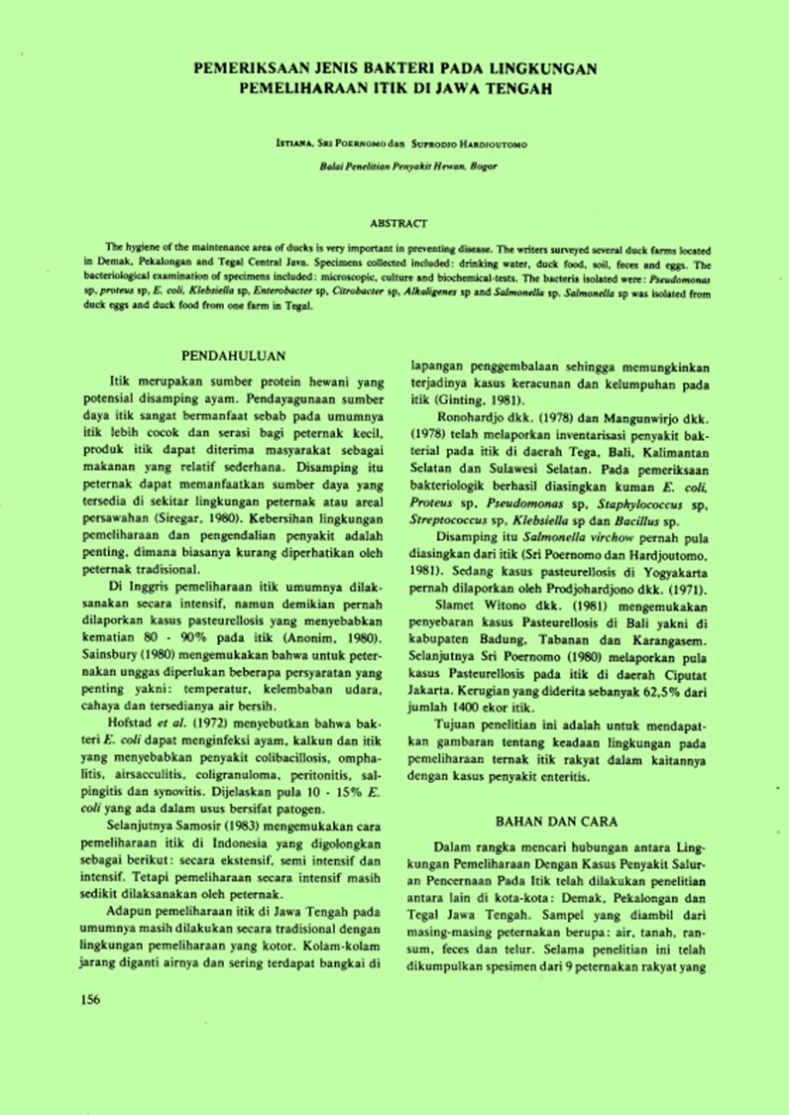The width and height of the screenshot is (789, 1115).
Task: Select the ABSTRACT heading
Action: point(397,225)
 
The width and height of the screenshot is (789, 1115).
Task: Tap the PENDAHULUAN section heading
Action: point(235,356)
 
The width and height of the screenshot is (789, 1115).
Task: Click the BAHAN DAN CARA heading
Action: point(556,822)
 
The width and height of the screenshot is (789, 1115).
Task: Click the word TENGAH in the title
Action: point(516,88)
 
